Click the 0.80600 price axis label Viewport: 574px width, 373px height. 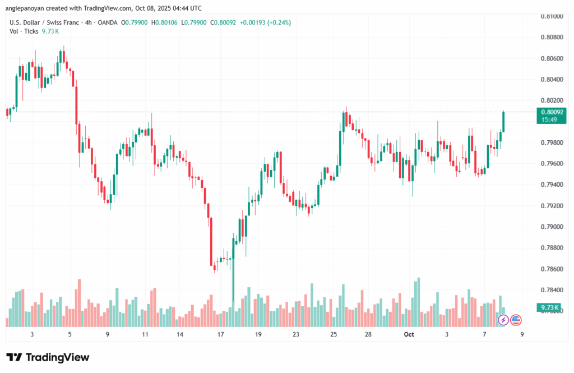click(x=552, y=58)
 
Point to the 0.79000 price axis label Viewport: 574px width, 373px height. click(x=552, y=227)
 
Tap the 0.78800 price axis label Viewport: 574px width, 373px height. click(x=552, y=248)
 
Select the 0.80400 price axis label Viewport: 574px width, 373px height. click(x=552, y=80)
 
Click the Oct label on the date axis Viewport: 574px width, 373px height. click(x=409, y=334)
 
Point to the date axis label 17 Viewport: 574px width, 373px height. click(x=220, y=334)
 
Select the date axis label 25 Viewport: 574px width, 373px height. click(x=334, y=334)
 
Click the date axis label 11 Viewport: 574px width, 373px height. click(x=145, y=334)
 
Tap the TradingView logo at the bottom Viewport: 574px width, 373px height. click(x=48, y=357)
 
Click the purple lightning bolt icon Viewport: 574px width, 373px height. click(x=503, y=320)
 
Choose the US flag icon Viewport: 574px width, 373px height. click(x=516, y=320)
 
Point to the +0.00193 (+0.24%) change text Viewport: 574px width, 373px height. click(x=265, y=22)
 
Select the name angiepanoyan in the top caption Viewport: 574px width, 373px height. click(x=27, y=8)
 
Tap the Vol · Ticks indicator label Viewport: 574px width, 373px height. click(x=24, y=31)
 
